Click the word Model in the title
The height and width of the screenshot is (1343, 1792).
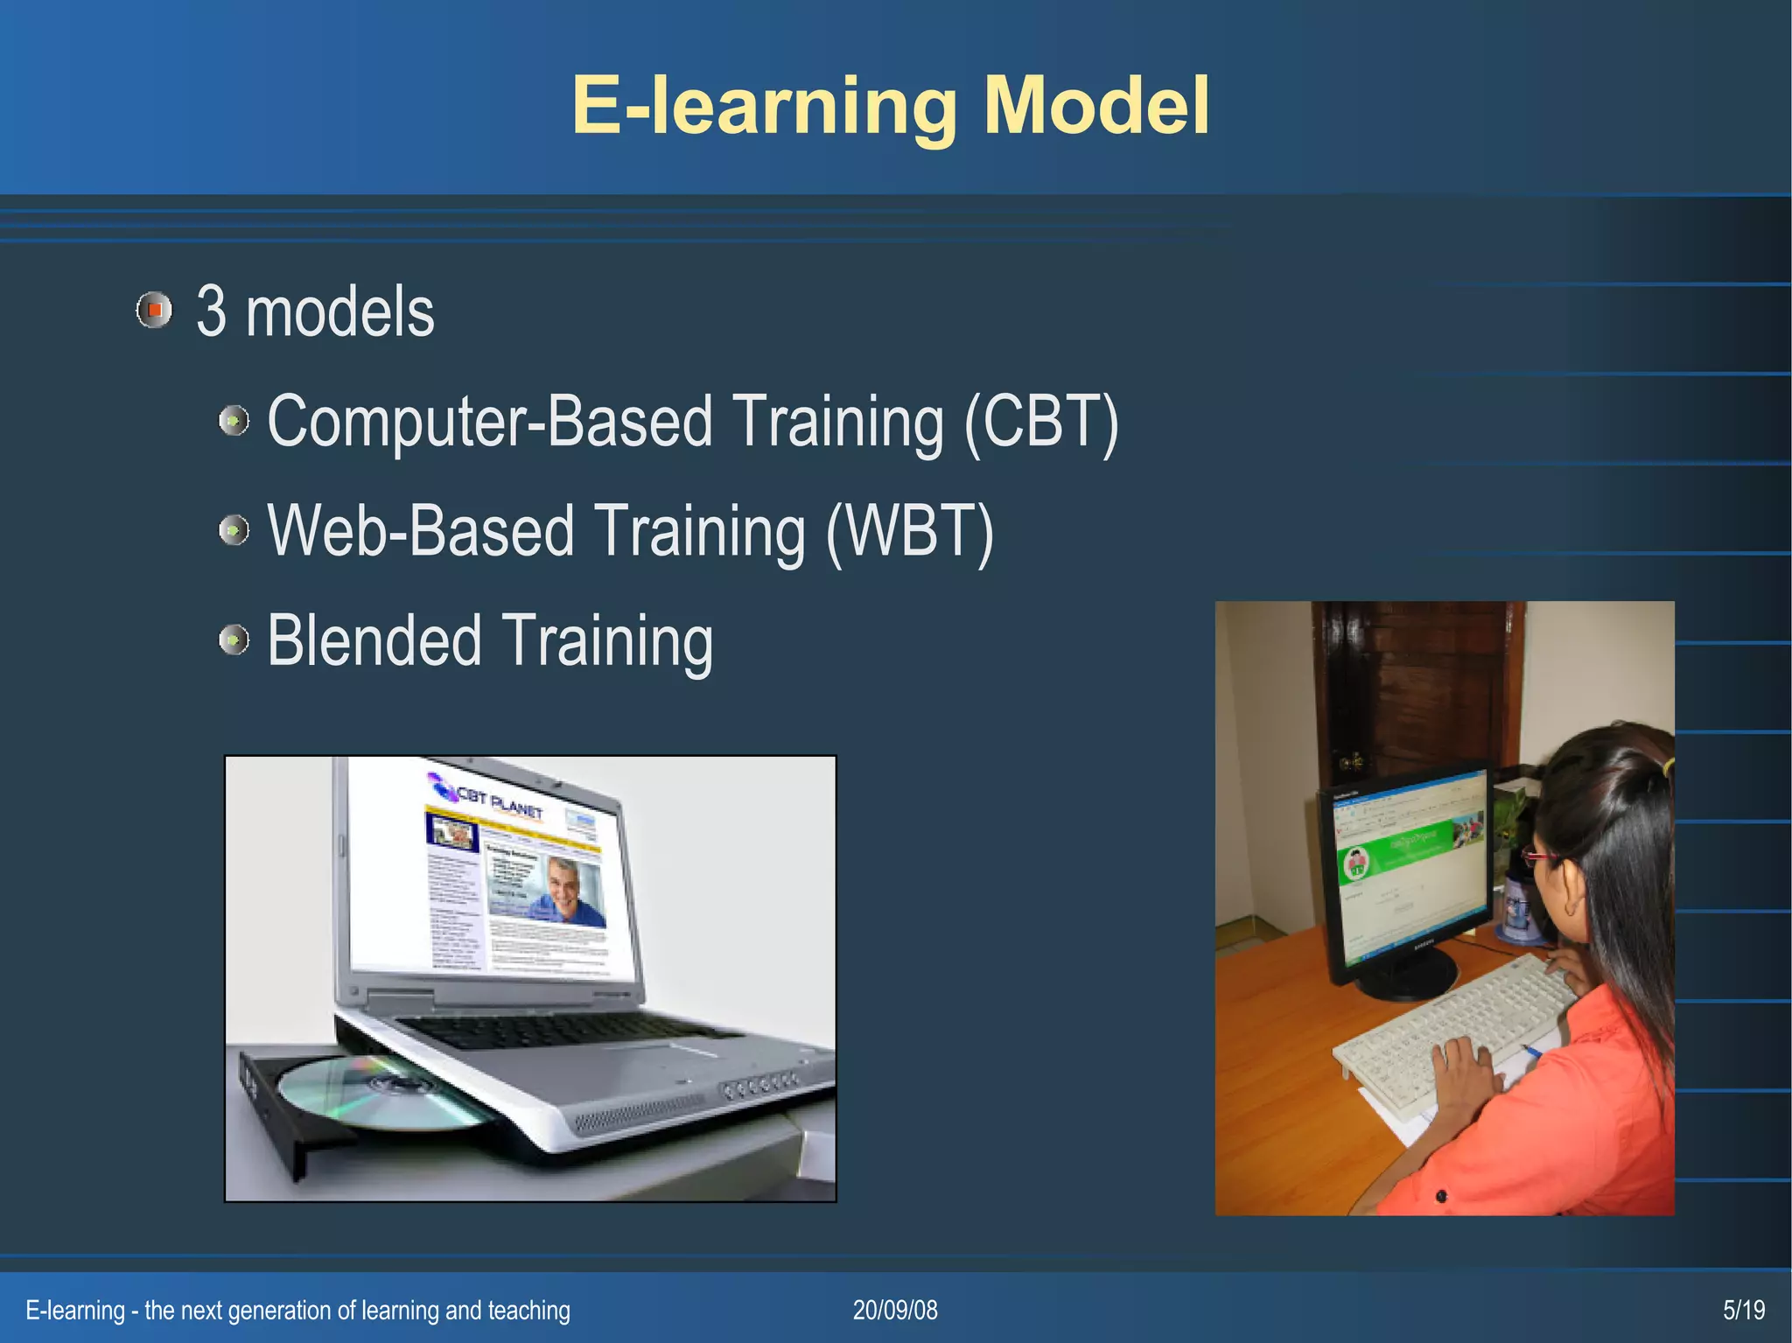[x=1096, y=105]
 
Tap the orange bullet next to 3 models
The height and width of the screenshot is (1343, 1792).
[x=155, y=310]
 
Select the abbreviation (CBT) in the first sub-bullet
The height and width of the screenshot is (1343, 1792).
[x=1041, y=422]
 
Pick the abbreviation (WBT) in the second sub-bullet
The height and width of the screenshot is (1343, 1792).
[x=910, y=531]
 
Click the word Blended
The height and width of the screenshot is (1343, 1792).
[x=374, y=640]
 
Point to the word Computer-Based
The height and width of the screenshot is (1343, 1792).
[x=490, y=422]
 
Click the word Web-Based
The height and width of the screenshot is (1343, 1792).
[x=421, y=531]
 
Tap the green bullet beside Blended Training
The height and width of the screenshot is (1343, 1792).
[x=234, y=640]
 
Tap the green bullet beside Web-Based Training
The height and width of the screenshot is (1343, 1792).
[x=234, y=529]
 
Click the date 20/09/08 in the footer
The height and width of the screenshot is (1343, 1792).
[x=895, y=1310]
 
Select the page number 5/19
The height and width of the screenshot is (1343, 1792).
[x=1743, y=1310]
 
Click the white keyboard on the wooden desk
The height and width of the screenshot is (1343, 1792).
[x=1452, y=1032]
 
